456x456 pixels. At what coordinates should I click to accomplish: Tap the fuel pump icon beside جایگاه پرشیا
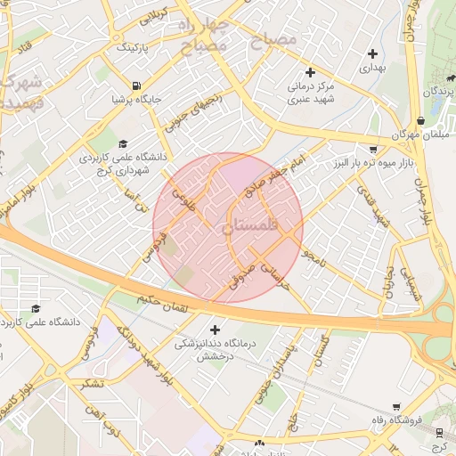pos(135,86)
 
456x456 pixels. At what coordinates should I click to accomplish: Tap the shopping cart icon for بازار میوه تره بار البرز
pos(372,150)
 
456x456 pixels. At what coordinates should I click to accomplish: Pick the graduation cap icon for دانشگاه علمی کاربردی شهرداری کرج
pos(122,144)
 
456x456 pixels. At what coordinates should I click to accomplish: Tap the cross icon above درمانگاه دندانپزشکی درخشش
pos(214,330)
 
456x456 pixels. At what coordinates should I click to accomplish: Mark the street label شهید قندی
pos(373,205)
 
